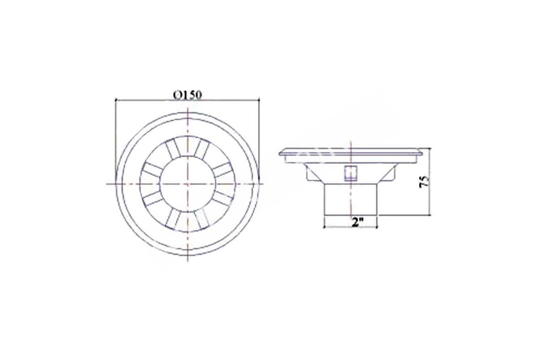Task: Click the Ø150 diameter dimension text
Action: [187, 95]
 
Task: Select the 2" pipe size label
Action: [355, 222]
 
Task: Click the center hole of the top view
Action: [187, 184]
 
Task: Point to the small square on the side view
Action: [350, 174]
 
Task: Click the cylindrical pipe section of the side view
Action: [351, 199]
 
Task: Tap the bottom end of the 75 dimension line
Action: [429, 215]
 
